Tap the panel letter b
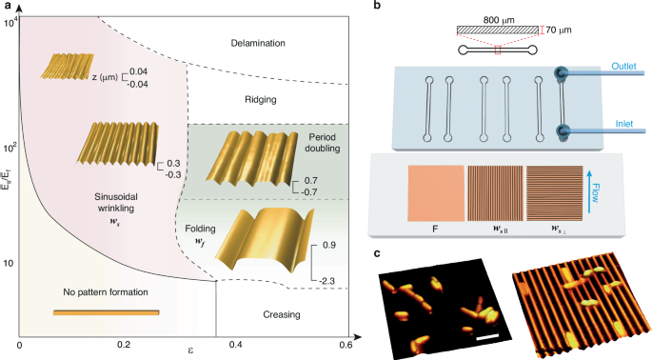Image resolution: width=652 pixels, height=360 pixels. pyautogui.click(x=378, y=7)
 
